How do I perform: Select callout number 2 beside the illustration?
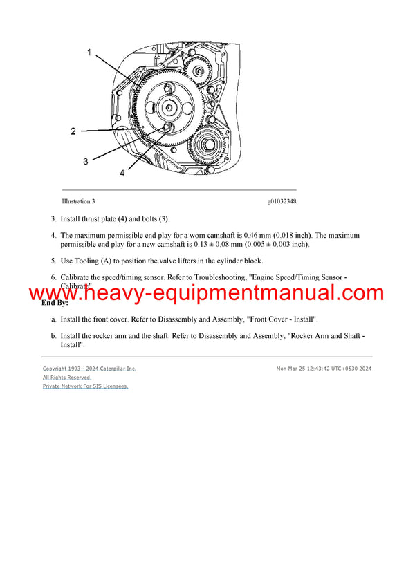[73, 131]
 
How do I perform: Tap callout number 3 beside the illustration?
[85, 161]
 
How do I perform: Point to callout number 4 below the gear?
[122, 174]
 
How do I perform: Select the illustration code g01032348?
[282, 202]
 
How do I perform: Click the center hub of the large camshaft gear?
[168, 107]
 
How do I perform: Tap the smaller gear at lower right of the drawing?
[210, 145]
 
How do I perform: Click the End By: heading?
[55, 303]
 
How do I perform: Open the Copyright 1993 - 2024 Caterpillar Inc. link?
[89, 369]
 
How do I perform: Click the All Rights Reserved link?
[67, 378]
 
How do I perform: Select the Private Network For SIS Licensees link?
[85, 386]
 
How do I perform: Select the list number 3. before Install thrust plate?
[53, 219]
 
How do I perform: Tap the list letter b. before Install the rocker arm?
[53, 336]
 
